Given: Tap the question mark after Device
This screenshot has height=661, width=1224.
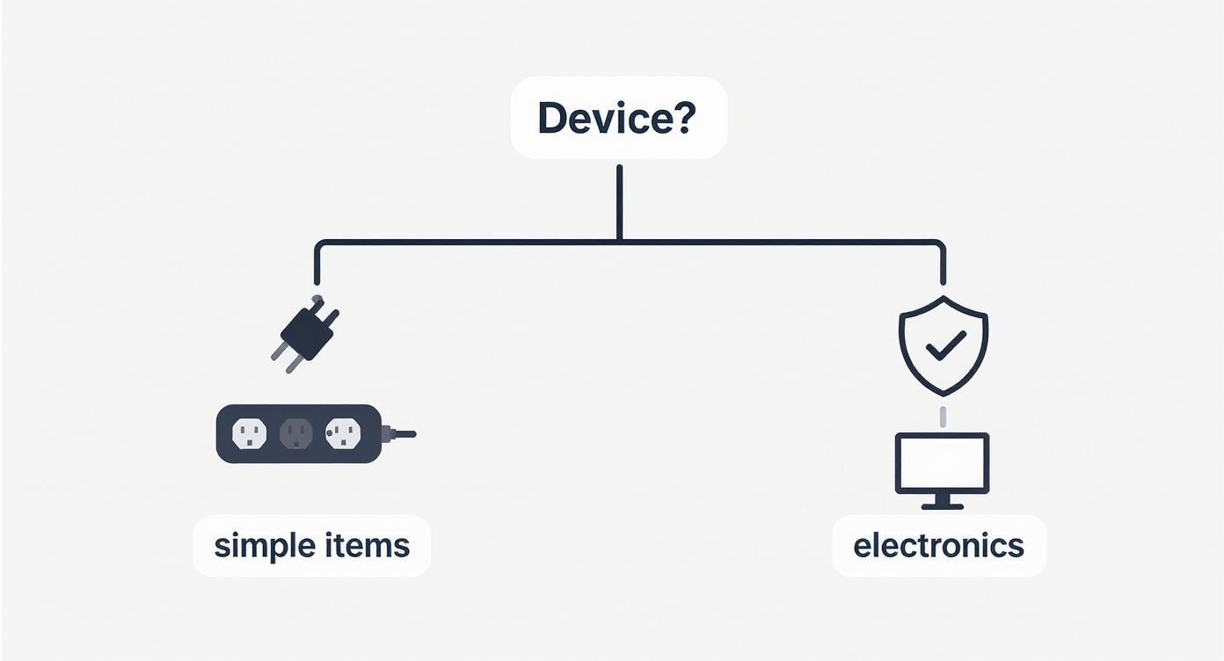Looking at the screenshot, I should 683,118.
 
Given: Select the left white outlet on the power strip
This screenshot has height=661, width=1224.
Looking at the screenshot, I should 249,432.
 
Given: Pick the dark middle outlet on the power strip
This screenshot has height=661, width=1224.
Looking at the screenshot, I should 295,432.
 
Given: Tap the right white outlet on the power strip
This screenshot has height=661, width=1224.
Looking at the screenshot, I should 343,432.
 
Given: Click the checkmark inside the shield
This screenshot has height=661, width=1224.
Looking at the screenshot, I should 944,345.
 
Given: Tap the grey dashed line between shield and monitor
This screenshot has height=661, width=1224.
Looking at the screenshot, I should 943,415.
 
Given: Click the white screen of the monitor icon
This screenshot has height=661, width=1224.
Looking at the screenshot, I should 942,463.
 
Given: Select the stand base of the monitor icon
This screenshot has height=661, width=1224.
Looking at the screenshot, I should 942,506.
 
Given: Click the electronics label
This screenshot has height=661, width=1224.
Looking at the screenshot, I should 938,546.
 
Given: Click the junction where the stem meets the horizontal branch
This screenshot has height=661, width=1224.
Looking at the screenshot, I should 619,240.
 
